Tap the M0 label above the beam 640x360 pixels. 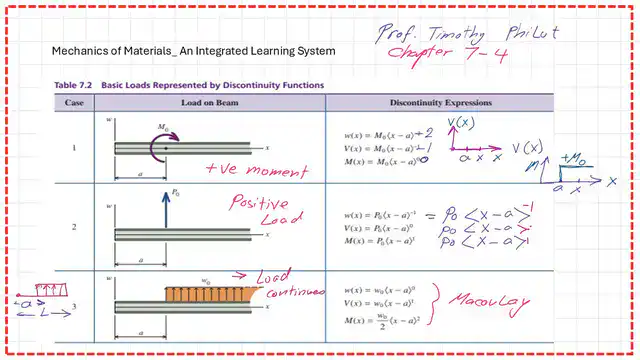(x=163, y=127)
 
